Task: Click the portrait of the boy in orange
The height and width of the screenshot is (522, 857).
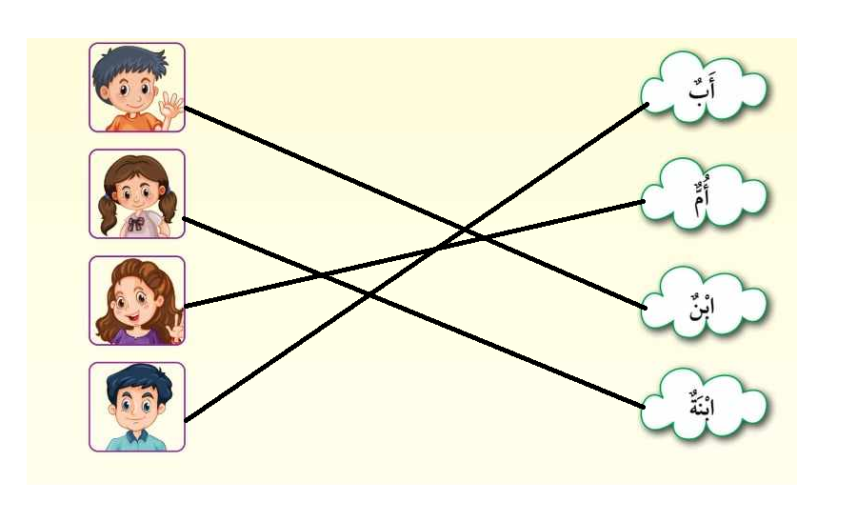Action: point(137,87)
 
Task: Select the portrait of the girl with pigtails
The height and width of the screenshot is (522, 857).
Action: point(137,193)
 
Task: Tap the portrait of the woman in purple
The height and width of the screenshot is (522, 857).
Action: point(137,300)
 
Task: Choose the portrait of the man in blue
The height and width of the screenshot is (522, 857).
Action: point(137,407)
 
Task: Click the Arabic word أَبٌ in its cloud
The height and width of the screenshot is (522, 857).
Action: point(706,90)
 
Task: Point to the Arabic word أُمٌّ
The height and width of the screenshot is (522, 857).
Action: point(706,198)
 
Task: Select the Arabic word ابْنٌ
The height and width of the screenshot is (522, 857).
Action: point(706,305)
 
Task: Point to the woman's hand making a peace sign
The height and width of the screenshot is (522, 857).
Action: point(174,331)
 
